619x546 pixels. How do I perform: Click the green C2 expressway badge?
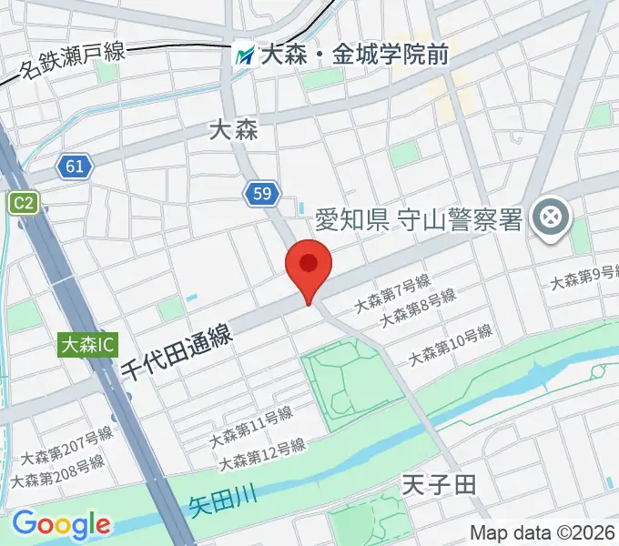tap(24, 204)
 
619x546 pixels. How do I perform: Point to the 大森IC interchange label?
tap(89, 345)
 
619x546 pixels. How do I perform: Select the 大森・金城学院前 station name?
tap(354, 56)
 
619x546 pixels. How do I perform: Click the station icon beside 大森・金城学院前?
tap(244, 56)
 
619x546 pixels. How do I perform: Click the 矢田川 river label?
tap(224, 499)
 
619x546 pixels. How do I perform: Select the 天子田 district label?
tap(439, 483)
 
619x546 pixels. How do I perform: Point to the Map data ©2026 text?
tap(543, 532)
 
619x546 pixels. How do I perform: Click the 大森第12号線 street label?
tap(262, 454)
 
